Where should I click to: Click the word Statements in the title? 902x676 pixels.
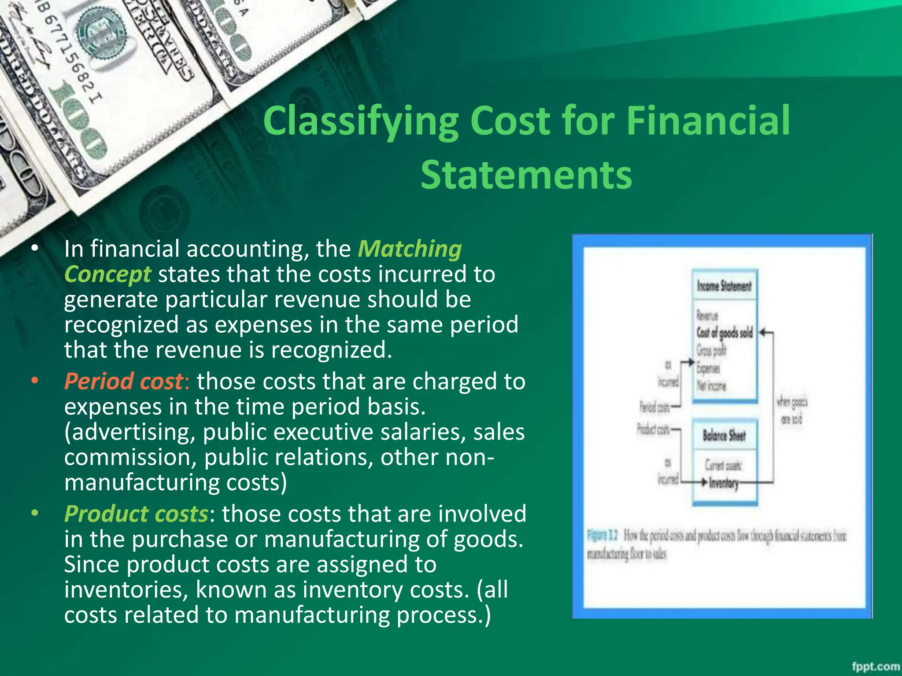526,175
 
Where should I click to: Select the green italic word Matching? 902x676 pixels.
410,249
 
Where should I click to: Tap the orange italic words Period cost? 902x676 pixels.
123,381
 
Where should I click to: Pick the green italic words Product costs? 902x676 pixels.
136,514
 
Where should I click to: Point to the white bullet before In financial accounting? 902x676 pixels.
35,249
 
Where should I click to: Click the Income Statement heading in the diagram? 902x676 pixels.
724,286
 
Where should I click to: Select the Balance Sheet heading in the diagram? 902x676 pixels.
724,436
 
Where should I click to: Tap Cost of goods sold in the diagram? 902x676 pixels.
724,333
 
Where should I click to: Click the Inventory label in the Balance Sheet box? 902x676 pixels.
723,483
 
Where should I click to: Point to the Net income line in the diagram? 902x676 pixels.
711,386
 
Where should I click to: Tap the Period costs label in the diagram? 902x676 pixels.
654,408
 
